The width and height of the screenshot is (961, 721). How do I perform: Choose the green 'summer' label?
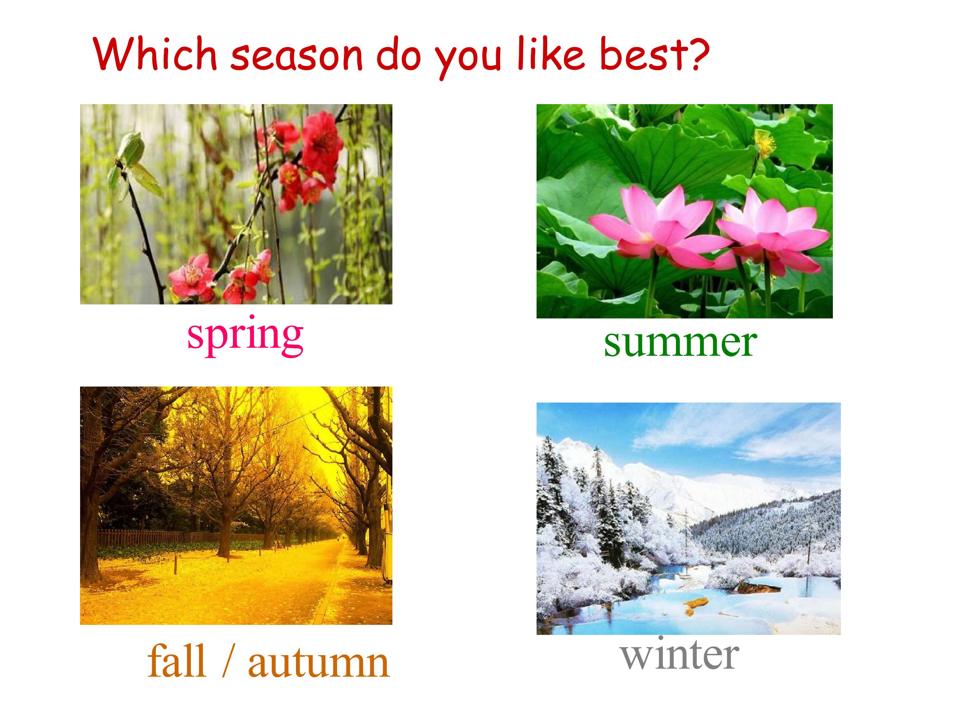point(680,343)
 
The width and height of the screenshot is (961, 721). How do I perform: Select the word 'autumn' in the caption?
point(319,663)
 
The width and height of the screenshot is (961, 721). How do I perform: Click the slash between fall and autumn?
point(227,661)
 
